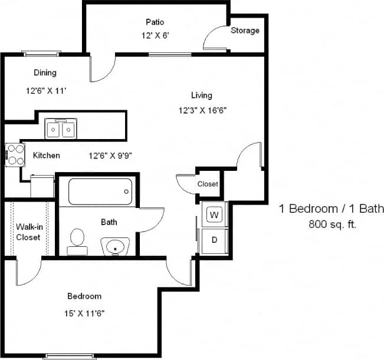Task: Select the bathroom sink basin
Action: pyautogui.click(x=115, y=246)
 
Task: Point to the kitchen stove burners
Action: pyautogui.click(x=15, y=155)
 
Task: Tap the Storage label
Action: pyautogui.click(x=245, y=31)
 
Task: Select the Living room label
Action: pyautogui.click(x=202, y=95)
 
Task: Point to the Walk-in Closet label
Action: pyautogui.click(x=28, y=232)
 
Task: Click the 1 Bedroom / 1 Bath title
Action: pyautogui.click(x=331, y=209)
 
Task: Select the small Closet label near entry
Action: pyautogui.click(x=208, y=184)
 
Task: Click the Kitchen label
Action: pyautogui.click(x=46, y=156)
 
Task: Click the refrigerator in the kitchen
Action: pyautogui.click(x=42, y=186)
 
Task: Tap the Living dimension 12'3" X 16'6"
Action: pyautogui.click(x=202, y=110)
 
